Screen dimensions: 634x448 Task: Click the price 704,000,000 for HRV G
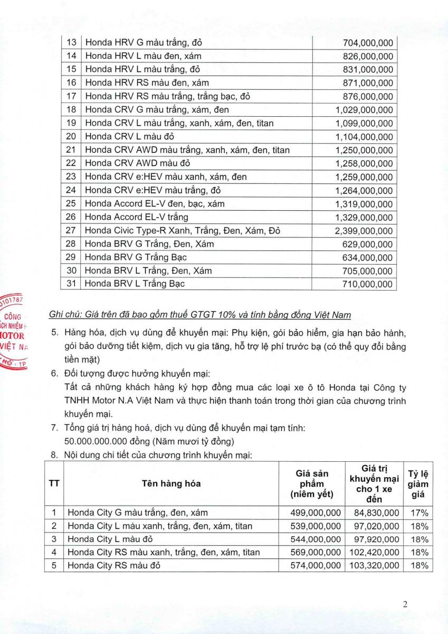[368, 43]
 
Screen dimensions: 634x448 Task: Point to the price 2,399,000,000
[364, 231]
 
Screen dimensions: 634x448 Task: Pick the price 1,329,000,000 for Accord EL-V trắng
[364, 217]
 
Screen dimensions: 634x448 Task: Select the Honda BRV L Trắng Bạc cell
[135, 284]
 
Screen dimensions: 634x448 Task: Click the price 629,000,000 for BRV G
[368, 244]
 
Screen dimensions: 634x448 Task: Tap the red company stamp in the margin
[13, 331]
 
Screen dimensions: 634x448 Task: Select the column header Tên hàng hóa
[171, 483]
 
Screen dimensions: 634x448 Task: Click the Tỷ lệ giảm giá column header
[418, 483]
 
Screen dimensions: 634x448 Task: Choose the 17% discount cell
[418, 512]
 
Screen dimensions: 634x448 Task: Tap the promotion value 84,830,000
[374, 512]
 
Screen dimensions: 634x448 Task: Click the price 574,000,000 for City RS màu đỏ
[316, 566]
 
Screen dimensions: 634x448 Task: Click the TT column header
[54, 483]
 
